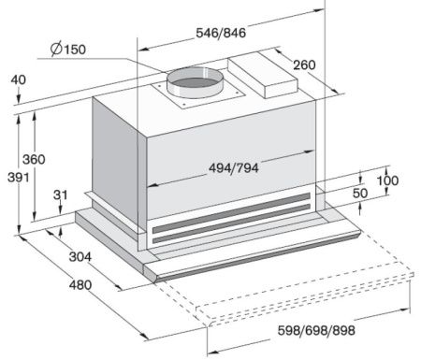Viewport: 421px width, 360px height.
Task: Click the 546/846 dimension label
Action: [221, 33]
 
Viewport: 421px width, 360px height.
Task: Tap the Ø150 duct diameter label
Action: [68, 49]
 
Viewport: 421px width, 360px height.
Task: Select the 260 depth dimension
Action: [304, 65]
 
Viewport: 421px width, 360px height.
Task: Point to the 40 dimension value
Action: [19, 79]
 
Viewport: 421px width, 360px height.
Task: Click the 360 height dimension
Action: [34, 159]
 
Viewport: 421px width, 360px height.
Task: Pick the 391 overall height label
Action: [19, 178]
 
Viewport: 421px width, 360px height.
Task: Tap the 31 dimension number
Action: [60, 194]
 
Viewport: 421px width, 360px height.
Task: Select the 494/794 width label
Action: [234, 168]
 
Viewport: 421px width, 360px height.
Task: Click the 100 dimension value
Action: [387, 180]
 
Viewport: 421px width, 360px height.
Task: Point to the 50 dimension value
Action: [360, 194]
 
